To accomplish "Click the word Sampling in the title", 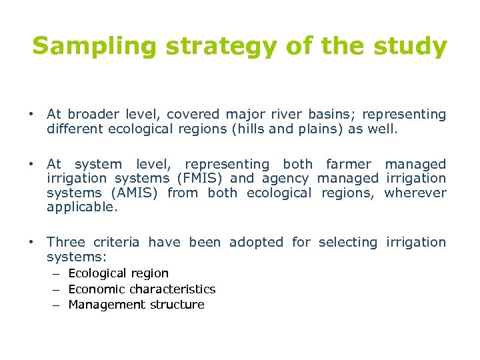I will [x=84, y=47].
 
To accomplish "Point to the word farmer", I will [x=349, y=164].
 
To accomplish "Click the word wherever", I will [x=415, y=193].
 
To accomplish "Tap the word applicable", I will [x=81, y=207].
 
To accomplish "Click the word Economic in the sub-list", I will [x=97, y=289].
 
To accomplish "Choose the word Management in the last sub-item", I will [x=107, y=305].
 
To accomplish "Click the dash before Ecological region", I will [x=58, y=273].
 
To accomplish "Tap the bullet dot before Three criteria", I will [x=31, y=242].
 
